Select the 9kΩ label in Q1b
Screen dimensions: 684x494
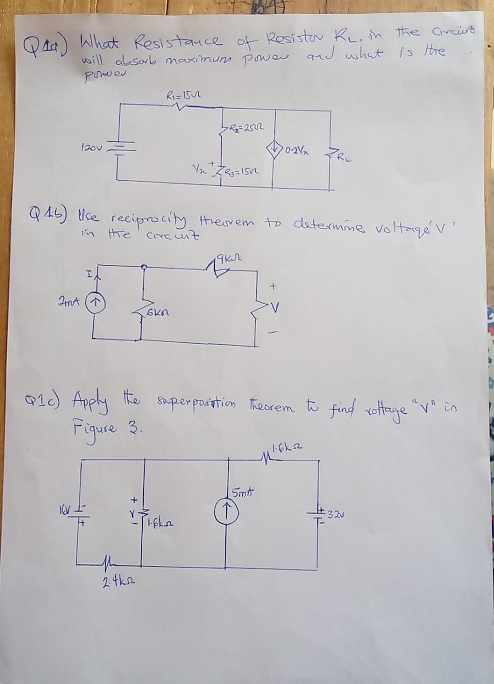(227, 260)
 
